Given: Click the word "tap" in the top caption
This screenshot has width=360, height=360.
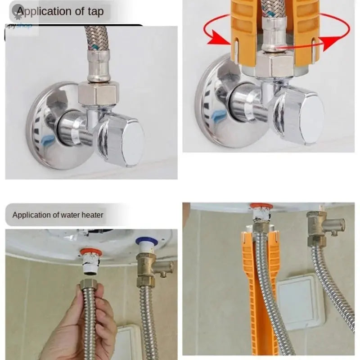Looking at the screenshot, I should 93,11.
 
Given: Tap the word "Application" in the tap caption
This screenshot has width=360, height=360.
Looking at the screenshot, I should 48,11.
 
